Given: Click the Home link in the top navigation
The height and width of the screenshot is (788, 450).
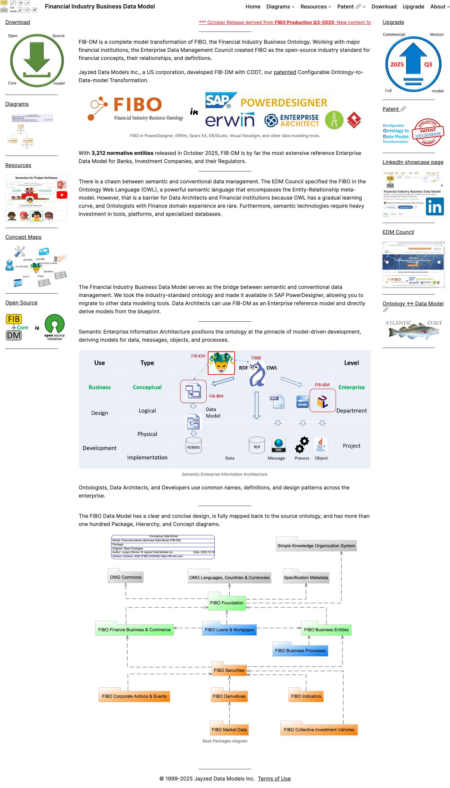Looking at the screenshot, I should tap(252, 7).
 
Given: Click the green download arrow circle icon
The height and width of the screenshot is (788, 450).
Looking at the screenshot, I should tap(37, 60).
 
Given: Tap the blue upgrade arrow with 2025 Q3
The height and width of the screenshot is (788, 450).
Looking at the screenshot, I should tap(413, 64).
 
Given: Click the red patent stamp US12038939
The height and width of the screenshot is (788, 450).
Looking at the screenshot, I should tap(428, 132).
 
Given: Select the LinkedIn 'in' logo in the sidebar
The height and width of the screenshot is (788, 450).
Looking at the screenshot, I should tap(435, 206).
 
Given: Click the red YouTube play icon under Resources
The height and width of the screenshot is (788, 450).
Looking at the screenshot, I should tap(62, 195).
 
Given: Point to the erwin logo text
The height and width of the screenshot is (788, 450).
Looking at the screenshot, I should tap(230, 120).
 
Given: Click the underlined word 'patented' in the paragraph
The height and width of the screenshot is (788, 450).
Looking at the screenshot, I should tap(285, 72).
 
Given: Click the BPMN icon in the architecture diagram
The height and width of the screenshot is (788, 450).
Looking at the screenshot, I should tap(302, 402).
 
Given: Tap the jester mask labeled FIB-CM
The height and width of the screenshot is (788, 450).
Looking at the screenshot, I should tap(221, 363).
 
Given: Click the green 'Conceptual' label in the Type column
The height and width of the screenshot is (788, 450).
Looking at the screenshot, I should tap(147, 387).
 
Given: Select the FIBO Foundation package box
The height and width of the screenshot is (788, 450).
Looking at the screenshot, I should tap(227, 602).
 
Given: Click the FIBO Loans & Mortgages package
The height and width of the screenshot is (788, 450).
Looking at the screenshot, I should tap(229, 629).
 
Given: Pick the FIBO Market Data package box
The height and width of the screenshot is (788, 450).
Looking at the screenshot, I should tap(229, 729).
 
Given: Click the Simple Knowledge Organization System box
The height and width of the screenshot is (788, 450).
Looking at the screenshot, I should tap(316, 546).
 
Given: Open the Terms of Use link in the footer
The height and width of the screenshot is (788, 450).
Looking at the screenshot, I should tap(274, 778).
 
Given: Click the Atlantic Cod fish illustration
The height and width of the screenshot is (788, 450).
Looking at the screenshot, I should tap(413, 331).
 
